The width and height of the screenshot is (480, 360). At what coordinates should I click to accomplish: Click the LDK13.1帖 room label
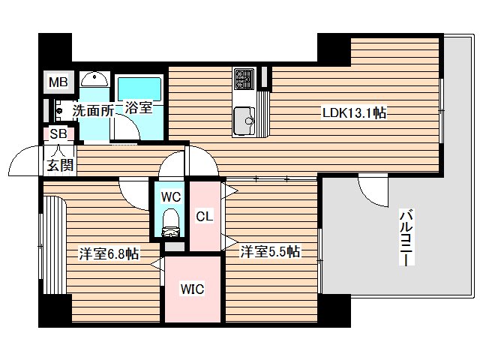tap(354, 112)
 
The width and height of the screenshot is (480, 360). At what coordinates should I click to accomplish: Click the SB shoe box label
tap(57, 134)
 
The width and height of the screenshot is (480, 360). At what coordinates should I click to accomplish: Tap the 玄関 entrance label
tap(61, 166)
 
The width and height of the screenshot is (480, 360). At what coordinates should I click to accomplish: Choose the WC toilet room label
tap(171, 197)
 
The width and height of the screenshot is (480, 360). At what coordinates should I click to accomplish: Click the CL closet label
tap(205, 217)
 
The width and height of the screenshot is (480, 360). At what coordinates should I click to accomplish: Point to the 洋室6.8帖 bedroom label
tap(108, 253)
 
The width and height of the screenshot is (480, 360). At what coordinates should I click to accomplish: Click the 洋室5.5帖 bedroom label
tap(270, 252)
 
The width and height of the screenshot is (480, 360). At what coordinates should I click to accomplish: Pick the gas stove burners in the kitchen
tap(244, 77)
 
